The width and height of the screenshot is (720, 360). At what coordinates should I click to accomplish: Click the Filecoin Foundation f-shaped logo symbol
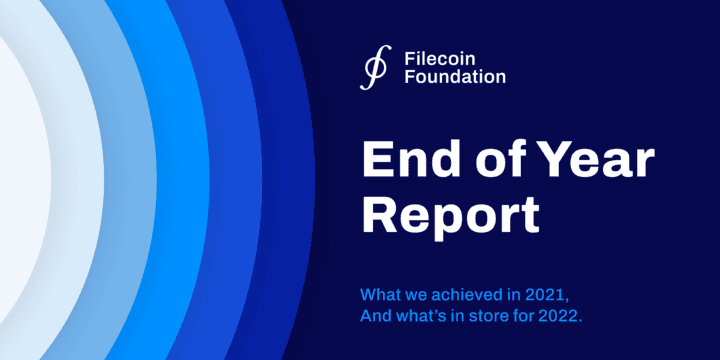(375, 67)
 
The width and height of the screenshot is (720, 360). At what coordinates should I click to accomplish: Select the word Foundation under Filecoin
(455, 76)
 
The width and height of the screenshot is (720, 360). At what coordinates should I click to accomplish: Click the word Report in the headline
(450, 215)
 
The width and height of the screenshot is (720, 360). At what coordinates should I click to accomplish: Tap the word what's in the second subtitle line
(423, 317)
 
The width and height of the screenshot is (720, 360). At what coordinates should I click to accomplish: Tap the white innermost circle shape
(20, 180)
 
